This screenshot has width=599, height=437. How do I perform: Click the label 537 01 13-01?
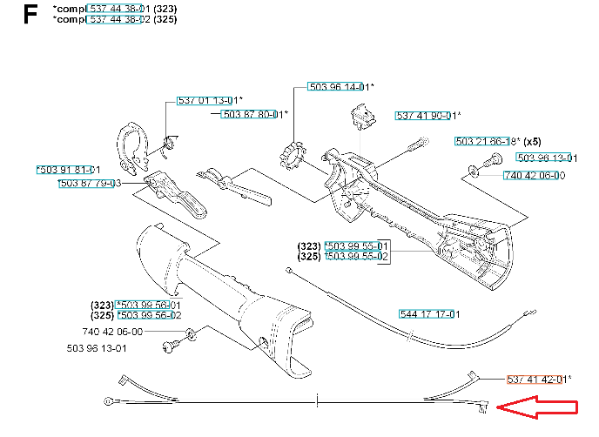point(208,100)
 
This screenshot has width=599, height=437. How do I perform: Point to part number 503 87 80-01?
point(252,114)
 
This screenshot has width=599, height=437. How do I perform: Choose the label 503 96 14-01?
point(339,87)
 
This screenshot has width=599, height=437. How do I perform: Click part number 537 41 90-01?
point(427,115)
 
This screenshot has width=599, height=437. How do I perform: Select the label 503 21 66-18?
point(486,141)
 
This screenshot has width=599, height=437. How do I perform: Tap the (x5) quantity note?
point(532,141)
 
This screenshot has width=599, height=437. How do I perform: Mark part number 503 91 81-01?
point(69,170)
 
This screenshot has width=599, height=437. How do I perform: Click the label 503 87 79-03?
point(90,184)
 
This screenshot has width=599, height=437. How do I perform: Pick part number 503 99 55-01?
point(357,245)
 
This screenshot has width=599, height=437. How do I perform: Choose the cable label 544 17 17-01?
point(429,313)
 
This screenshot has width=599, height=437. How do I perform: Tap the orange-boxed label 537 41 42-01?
point(537,379)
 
